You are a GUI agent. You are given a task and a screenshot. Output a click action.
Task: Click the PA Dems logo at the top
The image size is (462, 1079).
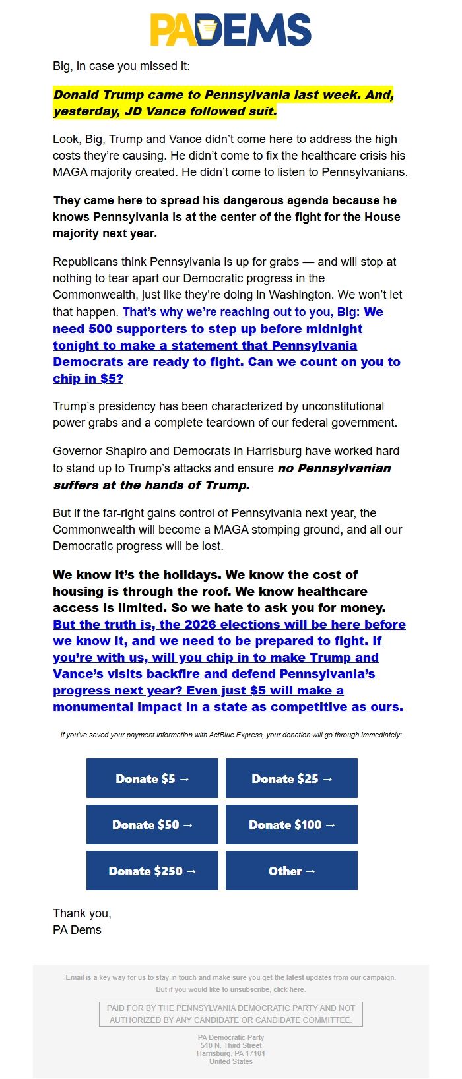tap(230, 30)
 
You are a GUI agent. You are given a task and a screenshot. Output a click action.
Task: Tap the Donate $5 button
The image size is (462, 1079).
tap(152, 778)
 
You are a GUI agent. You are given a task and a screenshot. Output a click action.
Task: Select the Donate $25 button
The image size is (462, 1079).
tap(292, 778)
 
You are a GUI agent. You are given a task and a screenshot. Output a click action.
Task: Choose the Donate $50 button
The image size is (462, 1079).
tap(152, 824)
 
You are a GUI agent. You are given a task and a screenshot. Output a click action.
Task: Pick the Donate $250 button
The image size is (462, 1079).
tap(152, 871)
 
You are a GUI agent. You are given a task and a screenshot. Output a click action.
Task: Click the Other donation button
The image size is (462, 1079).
tap(292, 871)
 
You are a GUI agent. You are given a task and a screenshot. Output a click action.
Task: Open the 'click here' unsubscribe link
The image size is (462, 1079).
tap(288, 989)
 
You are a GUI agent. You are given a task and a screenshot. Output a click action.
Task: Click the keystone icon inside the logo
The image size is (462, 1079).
tap(209, 30)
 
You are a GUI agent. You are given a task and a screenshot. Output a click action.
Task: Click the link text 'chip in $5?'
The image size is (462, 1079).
tap(88, 379)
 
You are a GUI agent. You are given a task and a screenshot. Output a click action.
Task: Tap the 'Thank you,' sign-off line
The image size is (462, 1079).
tap(82, 913)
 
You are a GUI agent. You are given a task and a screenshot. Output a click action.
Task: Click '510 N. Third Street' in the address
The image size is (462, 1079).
tap(231, 1045)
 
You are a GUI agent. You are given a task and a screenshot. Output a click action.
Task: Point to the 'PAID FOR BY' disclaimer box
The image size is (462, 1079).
tap(231, 1014)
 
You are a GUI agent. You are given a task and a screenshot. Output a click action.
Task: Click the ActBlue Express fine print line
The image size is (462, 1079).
tap(231, 735)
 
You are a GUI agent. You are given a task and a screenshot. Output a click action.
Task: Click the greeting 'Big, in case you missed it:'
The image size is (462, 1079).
tap(121, 66)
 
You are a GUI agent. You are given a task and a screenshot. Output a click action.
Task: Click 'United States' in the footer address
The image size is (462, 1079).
tap(231, 1061)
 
